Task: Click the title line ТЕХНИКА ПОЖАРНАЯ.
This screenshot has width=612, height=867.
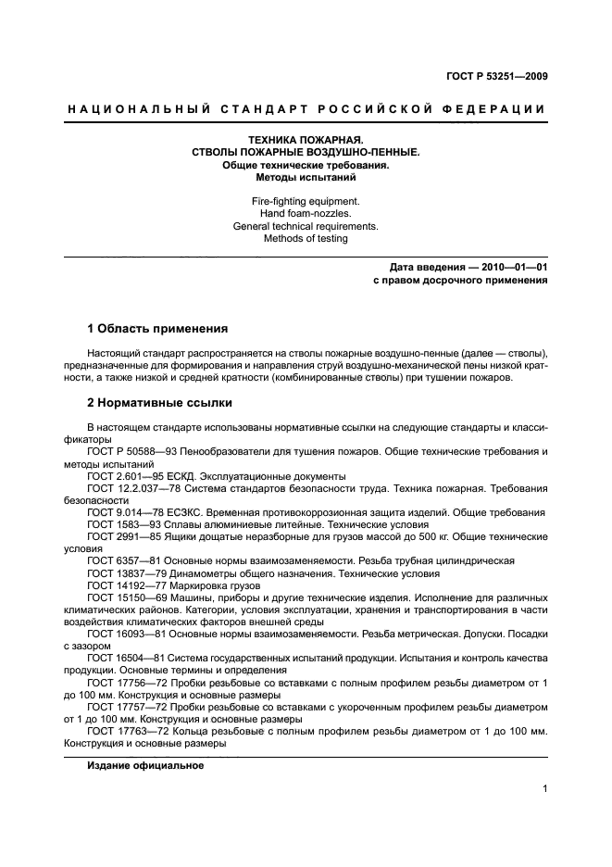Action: tap(305, 140)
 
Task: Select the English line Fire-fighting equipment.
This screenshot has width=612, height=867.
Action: tap(305, 201)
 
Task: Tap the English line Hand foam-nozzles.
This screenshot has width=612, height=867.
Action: tap(305, 213)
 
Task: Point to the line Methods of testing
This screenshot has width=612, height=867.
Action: tap(305, 238)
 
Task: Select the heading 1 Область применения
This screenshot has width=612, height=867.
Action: tap(156, 328)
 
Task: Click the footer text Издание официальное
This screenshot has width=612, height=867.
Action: tap(145, 766)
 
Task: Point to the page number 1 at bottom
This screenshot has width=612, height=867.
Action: tap(544, 789)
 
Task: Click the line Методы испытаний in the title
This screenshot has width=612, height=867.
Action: tap(305, 176)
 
